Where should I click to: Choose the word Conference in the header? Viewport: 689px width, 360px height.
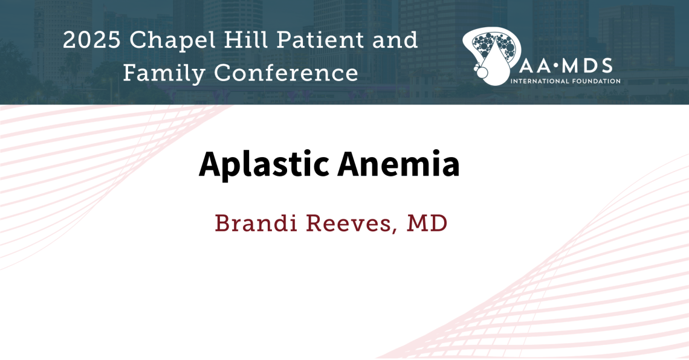[x=286, y=74]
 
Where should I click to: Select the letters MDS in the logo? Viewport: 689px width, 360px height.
[x=586, y=66]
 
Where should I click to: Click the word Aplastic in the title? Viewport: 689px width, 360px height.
[x=264, y=164]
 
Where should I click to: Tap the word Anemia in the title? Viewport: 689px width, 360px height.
[x=398, y=163]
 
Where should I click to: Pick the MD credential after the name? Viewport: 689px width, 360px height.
[x=427, y=223]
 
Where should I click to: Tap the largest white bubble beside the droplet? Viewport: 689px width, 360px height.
[x=482, y=72]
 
